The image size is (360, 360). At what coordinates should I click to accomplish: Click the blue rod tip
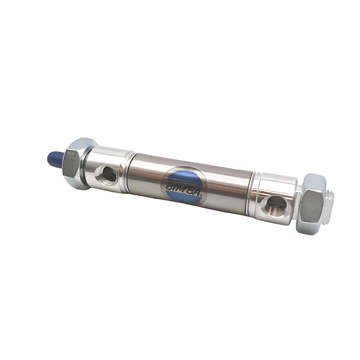point(55,159)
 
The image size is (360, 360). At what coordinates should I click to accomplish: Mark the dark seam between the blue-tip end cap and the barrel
point(129,172)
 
